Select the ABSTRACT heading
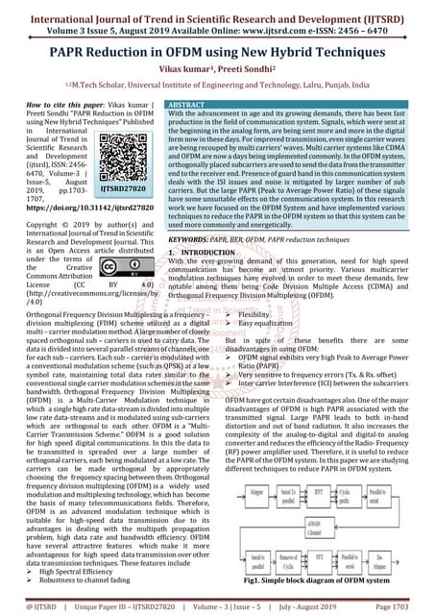(186, 103)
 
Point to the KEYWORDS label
(196, 236)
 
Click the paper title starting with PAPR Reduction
(217, 52)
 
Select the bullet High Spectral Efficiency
(72, 570)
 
